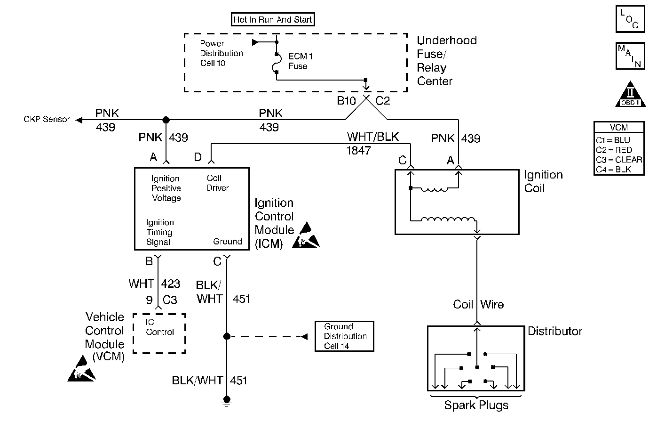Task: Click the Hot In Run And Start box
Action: [273, 19]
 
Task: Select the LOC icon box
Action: [630, 19]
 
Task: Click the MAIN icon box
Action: [630, 56]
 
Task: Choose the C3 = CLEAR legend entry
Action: [619, 160]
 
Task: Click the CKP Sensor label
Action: [47, 120]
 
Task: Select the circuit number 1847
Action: [359, 151]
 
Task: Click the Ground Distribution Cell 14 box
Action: [344, 336]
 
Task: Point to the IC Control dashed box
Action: [159, 333]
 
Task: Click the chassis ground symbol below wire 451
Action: [227, 401]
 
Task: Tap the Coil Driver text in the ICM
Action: [217, 183]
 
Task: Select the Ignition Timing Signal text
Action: [159, 232]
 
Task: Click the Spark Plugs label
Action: [476, 405]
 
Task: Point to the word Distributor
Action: [555, 331]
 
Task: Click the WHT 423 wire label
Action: [154, 284]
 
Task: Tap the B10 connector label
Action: [346, 101]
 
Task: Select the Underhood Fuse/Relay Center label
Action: [446, 61]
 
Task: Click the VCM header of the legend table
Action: [619, 128]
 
